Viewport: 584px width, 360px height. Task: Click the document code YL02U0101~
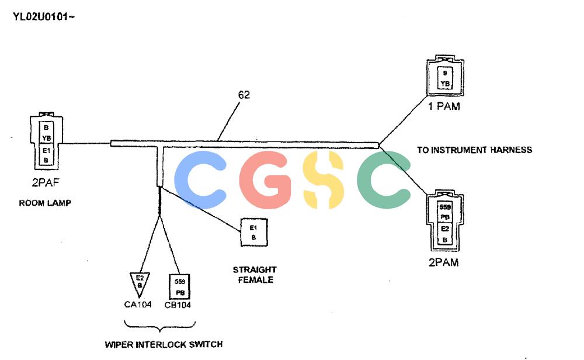tap(44, 17)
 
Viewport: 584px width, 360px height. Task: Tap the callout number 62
tap(244, 95)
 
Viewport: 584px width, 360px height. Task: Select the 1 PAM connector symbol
tap(445, 77)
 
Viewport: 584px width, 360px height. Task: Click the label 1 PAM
tap(444, 106)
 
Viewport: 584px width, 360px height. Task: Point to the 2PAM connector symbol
tap(445, 221)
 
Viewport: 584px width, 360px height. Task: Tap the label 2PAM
tap(444, 262)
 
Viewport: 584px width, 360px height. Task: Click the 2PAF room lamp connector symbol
tap(46, 140)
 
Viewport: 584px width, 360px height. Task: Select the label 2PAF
tap(46, 182)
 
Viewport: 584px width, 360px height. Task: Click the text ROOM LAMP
tap(45, 203)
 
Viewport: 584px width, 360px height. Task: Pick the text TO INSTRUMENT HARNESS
tap(474, 150)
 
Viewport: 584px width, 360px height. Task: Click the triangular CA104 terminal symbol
tap(140, 284)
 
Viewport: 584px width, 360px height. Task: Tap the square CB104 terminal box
tap(180, 286)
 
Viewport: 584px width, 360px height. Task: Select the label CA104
tap(138, 304)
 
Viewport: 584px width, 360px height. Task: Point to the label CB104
tap(178, 305)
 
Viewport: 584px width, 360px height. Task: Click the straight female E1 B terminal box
tap(253, 232)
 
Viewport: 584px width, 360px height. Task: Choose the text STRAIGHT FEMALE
tap(255, 275)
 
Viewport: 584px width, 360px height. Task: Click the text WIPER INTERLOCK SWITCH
tap(164, 344)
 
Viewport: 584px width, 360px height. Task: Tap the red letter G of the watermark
tap(265, 179)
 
